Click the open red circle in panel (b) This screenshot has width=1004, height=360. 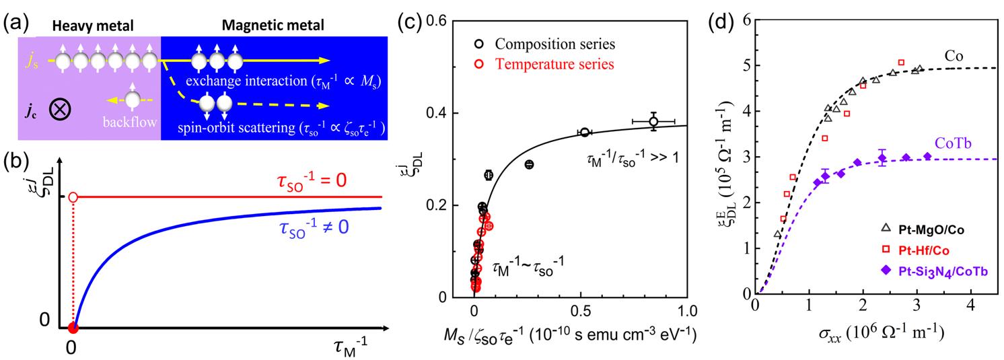coord(74,197)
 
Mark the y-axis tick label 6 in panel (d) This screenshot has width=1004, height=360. coord(746,20)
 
